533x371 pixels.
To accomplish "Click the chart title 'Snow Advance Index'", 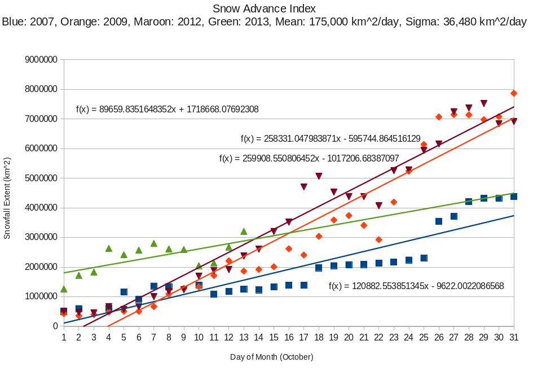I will pyautogui.click(x=264, y=8).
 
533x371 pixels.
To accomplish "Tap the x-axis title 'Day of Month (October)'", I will pyautogui.click(x=271, y=357).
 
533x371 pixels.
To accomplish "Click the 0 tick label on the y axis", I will pyautogui.click(x=55, y=326).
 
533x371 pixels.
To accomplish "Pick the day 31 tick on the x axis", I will pyautogui.click(x=514, y=337).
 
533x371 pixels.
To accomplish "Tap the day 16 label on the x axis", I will pyautogui.click(x=289, y=337).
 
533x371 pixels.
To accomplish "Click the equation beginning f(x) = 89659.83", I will pyautogui.click(x=168, y=110).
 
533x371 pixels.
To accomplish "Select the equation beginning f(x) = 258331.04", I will pyautogui.click(x=331, y=138).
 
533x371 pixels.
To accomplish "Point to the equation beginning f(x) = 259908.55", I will pyautogui.click(x=309, y=159).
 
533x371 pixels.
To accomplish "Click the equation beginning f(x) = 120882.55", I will pyautogui.click(x=416, y=286).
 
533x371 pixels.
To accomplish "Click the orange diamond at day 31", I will pyautogui.click(x=514, y=93).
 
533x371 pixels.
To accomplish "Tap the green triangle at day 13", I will pyautogui.click(x=244, y=232).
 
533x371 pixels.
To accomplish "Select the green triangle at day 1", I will pyautogui.click(x=64, y=289).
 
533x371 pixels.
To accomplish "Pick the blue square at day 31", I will pyautogui.click(x=514, y=197).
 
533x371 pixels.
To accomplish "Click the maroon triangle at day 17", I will pyautogui.click(x=304, y=187).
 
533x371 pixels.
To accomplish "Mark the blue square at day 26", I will pyautogui.click(x=439, y=221).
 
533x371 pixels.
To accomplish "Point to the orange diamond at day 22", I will pyautogui.click(x=379, y=239).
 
